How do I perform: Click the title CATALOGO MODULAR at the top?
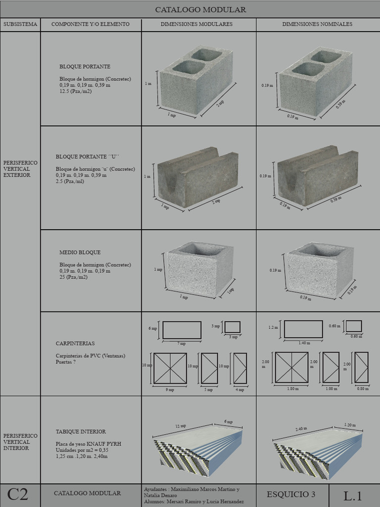200,10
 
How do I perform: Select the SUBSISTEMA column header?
20,24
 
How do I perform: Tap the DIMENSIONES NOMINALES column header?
317,24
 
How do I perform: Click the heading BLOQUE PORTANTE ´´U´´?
87,156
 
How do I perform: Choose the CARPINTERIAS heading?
75,343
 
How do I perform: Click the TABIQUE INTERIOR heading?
81,432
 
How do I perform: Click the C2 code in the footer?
17,494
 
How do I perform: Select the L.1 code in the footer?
353,495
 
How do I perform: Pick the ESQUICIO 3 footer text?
290,494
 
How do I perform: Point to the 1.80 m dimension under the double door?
293,389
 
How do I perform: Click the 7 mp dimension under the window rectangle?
182,343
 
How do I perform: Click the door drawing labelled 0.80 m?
362,367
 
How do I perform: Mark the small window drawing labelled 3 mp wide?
233,327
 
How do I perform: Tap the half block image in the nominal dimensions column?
319,270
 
